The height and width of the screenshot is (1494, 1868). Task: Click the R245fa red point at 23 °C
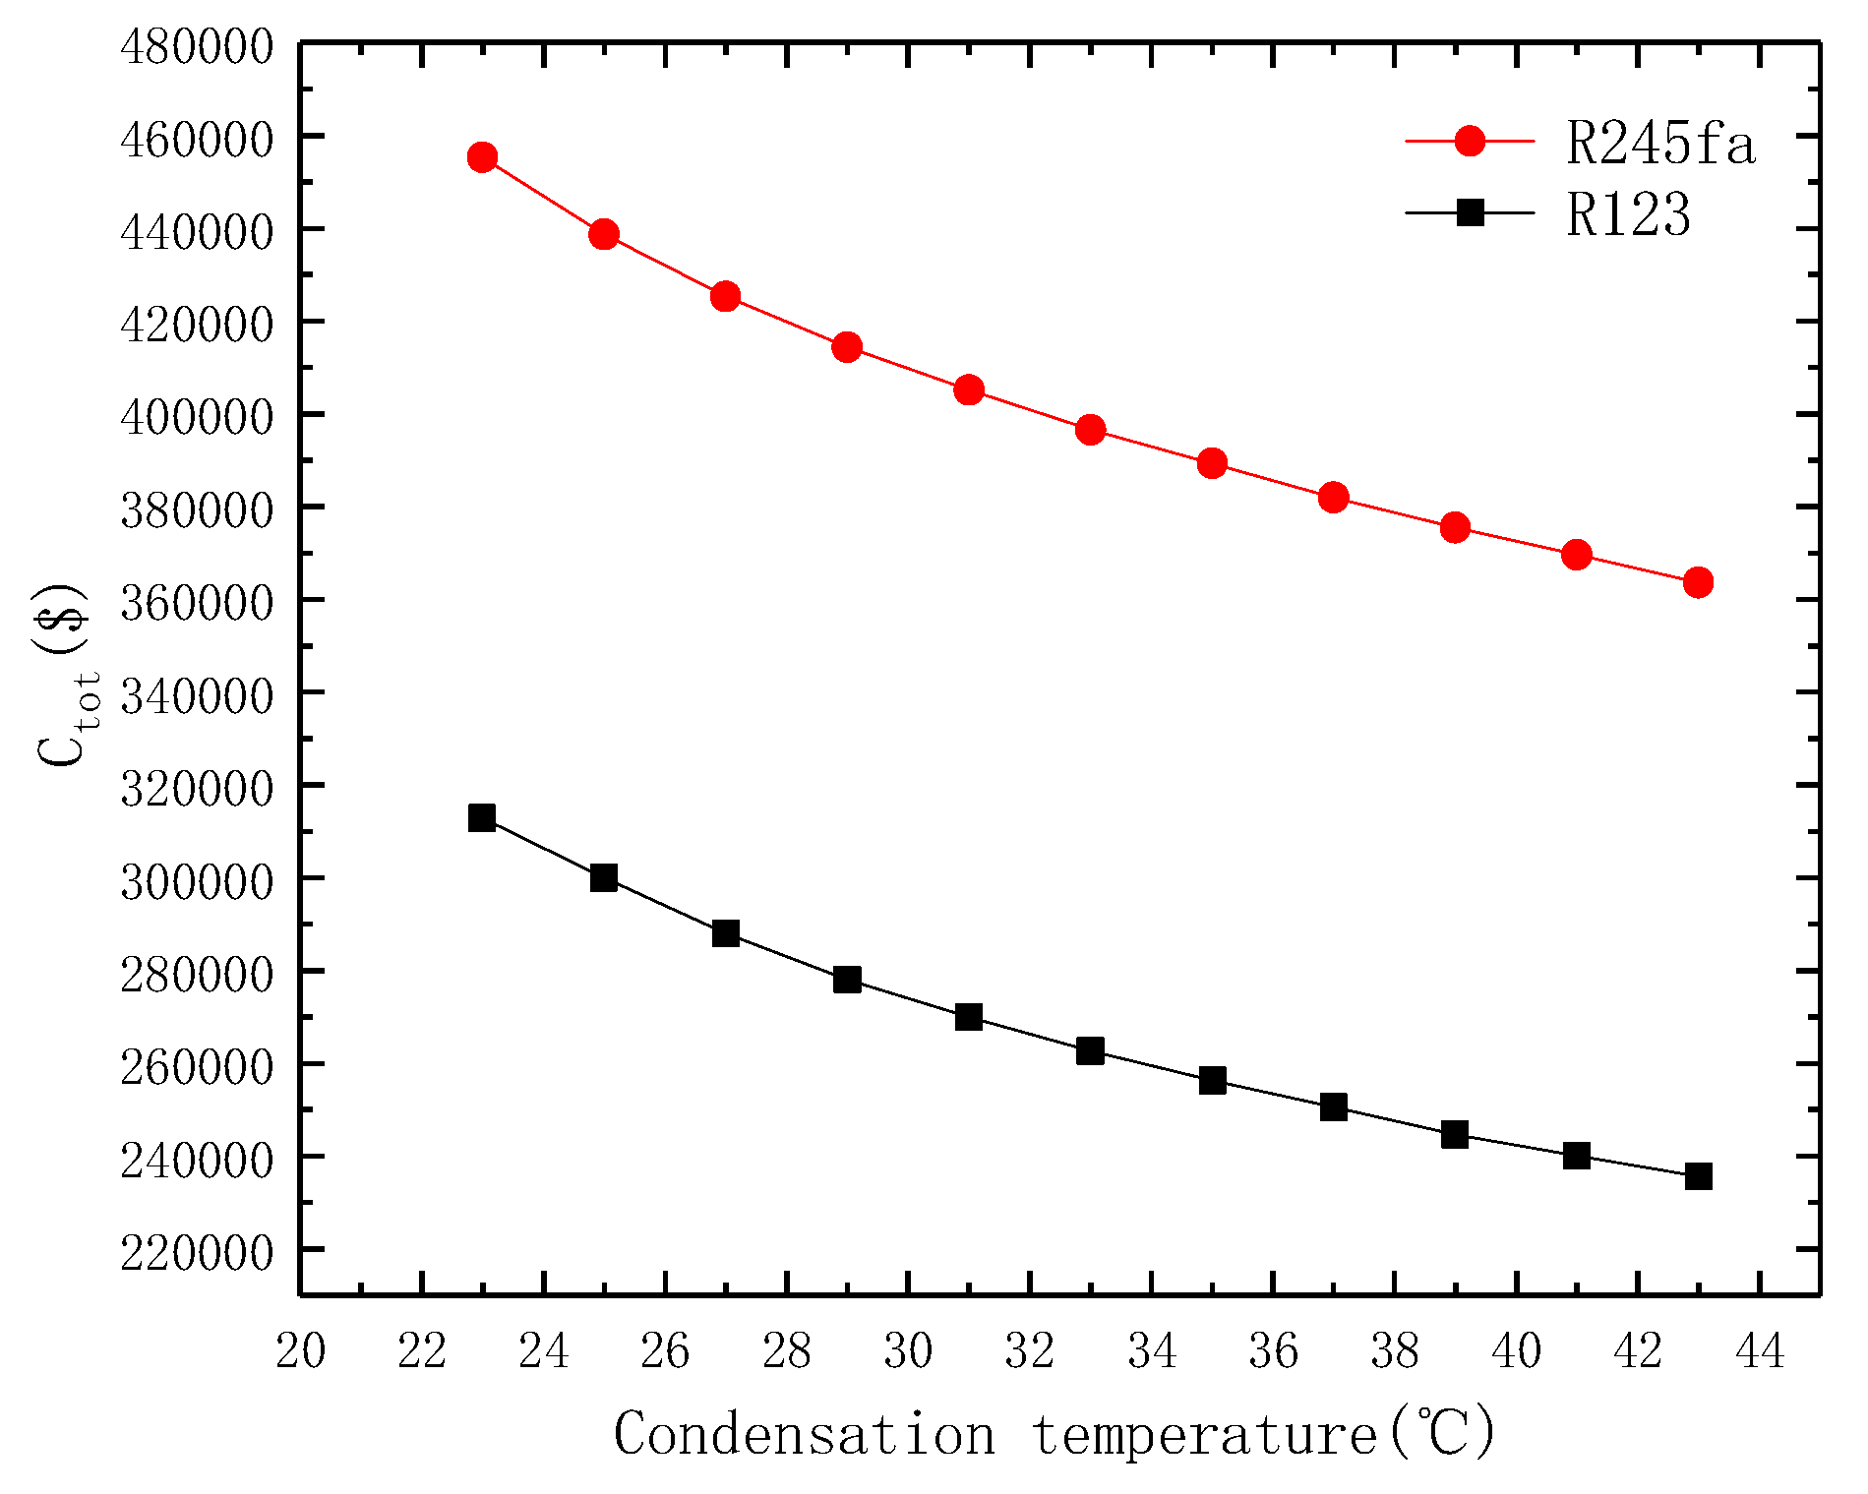tap(482, 157)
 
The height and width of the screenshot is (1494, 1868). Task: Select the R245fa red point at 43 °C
tap(1698, 582)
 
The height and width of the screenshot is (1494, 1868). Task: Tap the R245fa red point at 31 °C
tap(969, 389)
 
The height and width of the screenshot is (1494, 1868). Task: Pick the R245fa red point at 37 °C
tap(1333, 498)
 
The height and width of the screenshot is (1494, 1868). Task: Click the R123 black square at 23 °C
tap(482, 817)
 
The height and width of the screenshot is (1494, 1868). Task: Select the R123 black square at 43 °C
tap(1698, 1176)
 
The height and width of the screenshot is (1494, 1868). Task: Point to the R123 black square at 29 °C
tap(847, 980)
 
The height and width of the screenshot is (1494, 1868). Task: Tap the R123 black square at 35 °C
tap(1212, 1081)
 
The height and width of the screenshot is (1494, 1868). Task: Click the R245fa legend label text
tap(1659, 144)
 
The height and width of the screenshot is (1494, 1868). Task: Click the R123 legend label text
tap(1628, 214)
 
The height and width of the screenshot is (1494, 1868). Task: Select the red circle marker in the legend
tap(1470, 141)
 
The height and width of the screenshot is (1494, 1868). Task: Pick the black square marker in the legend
tap(1470, 212)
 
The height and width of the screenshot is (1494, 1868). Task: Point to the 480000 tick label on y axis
tap(196, 46)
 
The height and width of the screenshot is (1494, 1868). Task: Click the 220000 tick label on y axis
tap(196, 1252)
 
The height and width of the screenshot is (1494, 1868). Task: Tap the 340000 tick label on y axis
tap(196, 695)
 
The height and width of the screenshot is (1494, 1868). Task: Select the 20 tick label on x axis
tap(300, 1350)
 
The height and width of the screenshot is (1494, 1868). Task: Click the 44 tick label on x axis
tap(1760, 1350)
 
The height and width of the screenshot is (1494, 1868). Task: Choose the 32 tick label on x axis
tap(1030, 1350)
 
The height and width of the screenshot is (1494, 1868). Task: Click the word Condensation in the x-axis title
tap(804, 1434)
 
